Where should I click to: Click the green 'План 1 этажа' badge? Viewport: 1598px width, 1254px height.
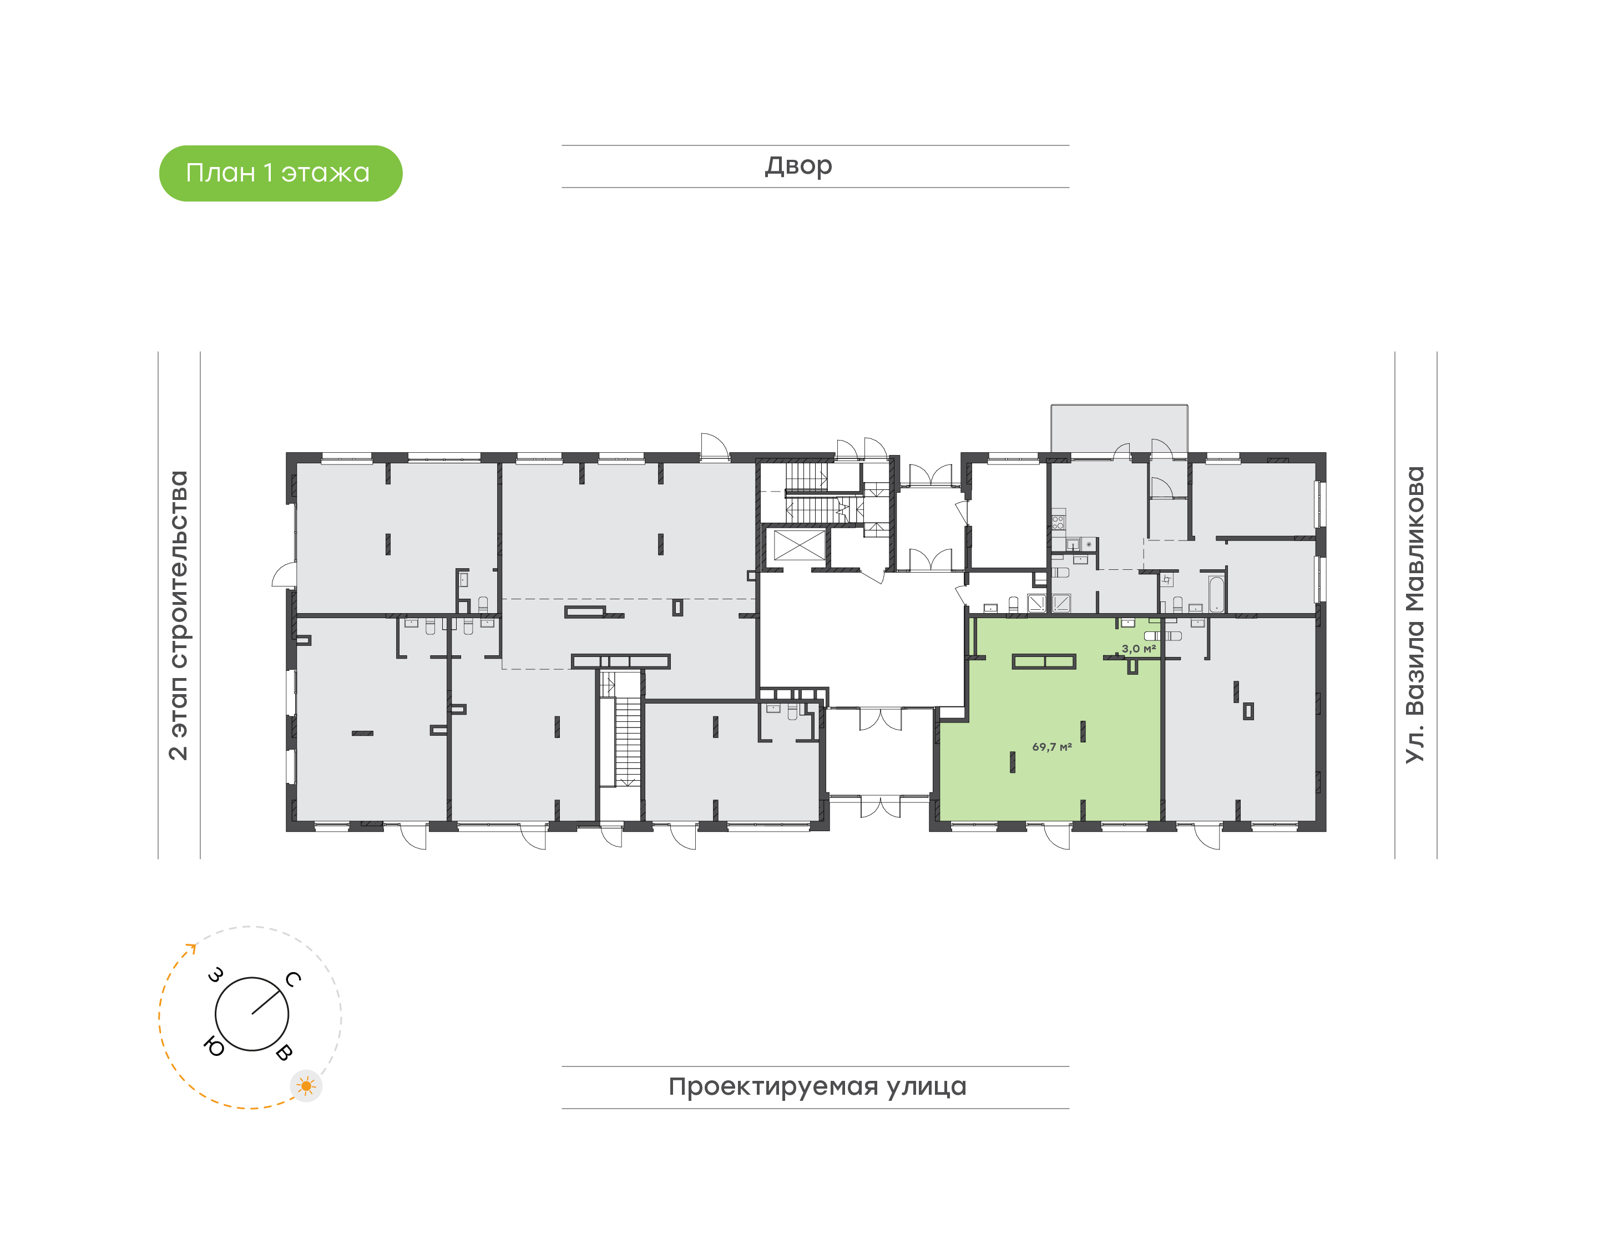coord(280,173)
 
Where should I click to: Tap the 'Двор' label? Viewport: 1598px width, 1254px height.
coord(798,166)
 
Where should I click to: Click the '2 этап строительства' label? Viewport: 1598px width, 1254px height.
coord(178,615)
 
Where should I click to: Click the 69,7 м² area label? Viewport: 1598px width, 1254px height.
coord(1052,747)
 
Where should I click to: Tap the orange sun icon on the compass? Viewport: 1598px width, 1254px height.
coord(306,1086)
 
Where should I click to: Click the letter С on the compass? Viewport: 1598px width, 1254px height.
coord(293,979)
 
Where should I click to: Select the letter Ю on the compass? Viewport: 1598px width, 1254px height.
coord(214,1046)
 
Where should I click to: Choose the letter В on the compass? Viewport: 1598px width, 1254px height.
coord(284,1052)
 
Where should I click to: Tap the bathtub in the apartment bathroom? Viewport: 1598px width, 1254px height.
coord(1216,594)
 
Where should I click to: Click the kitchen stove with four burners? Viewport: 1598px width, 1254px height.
coord(1058,523)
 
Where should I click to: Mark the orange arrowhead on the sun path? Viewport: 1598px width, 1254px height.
coord(193,948)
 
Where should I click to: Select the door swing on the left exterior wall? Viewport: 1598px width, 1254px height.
coord(284,574)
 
